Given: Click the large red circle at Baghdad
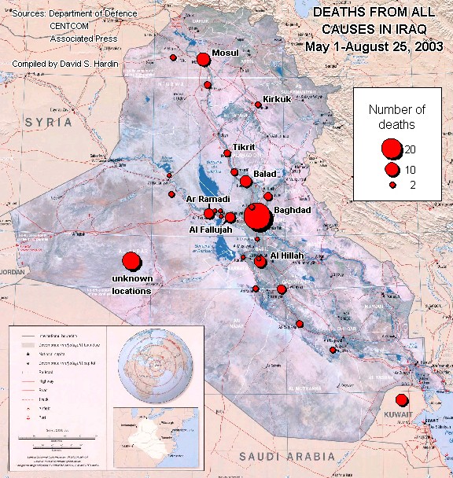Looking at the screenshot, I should click(258, 217).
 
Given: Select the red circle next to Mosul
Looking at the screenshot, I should click(204, 59).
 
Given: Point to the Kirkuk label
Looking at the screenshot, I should click(278, 100).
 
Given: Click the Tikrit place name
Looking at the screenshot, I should click(245, 148).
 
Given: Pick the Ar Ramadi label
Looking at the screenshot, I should click(208, 200).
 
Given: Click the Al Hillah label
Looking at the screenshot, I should click(286, 256).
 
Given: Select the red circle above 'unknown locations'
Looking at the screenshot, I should click(131, 261).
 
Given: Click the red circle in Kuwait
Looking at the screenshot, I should click(402, 399).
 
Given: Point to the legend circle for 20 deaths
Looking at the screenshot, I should click(391, 149).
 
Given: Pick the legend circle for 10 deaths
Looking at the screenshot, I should click(392, 170).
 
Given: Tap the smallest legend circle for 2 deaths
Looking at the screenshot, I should click(392, 185).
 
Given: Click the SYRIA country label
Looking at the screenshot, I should click(47, 123).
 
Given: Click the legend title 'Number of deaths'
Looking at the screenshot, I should click(397, 116).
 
